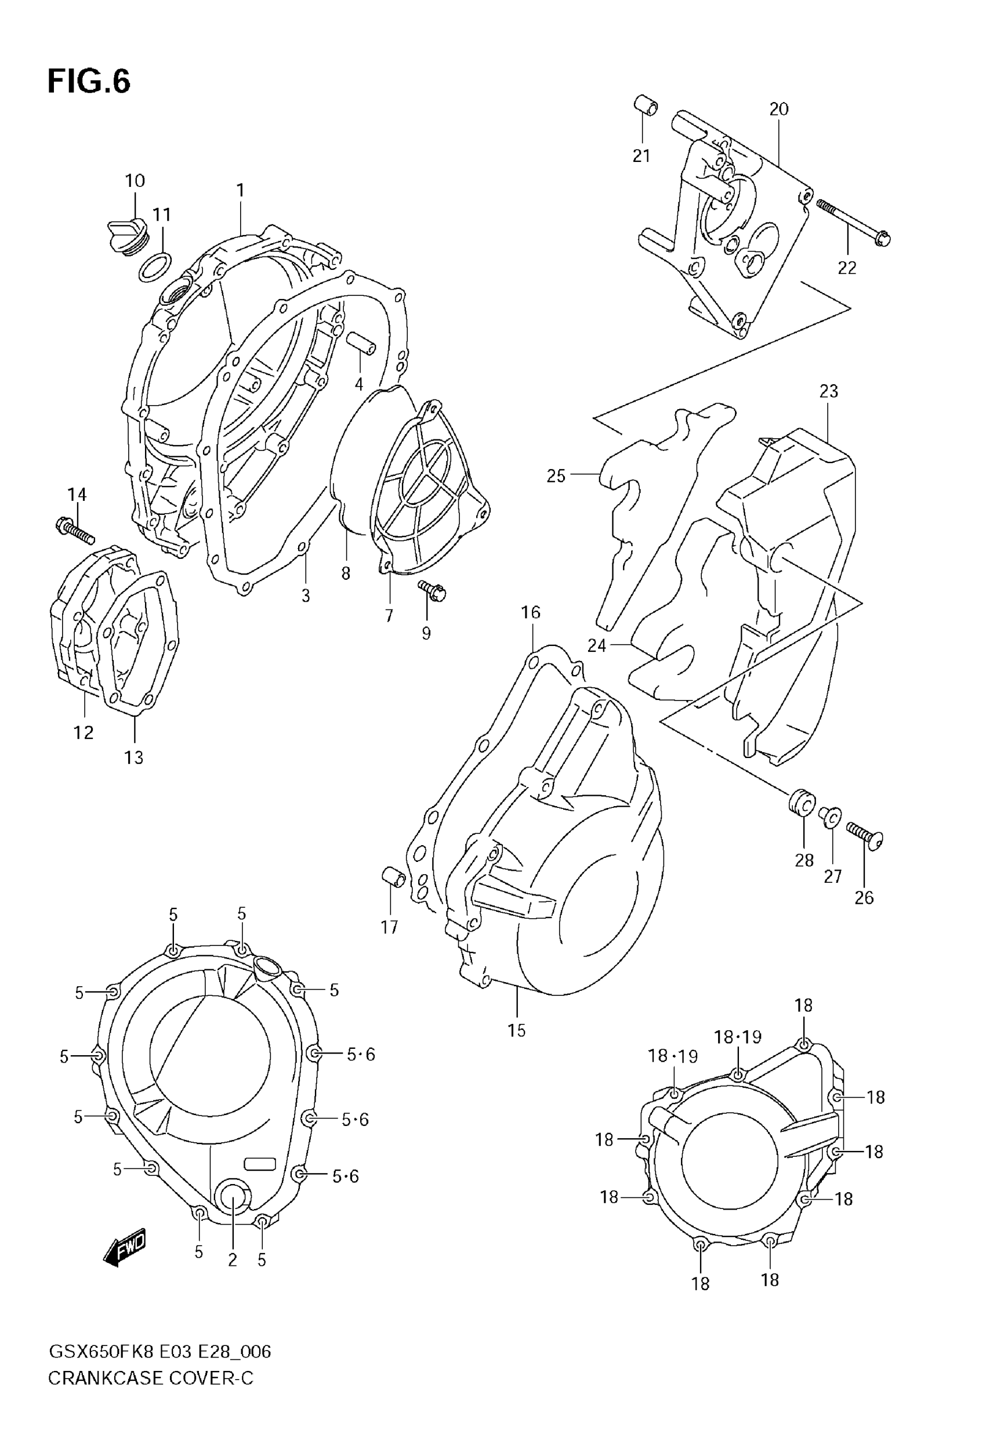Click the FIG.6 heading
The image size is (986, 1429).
click(89, 82)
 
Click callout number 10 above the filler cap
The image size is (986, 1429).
click(135, 181)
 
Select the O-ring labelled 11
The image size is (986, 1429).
click(154, 266)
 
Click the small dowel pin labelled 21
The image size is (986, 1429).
click(646, 104)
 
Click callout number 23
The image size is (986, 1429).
click(828, 391)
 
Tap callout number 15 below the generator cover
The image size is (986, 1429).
click(516, 1030)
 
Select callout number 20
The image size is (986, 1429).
click(778, 109)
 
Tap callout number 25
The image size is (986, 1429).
click(556, 476)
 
